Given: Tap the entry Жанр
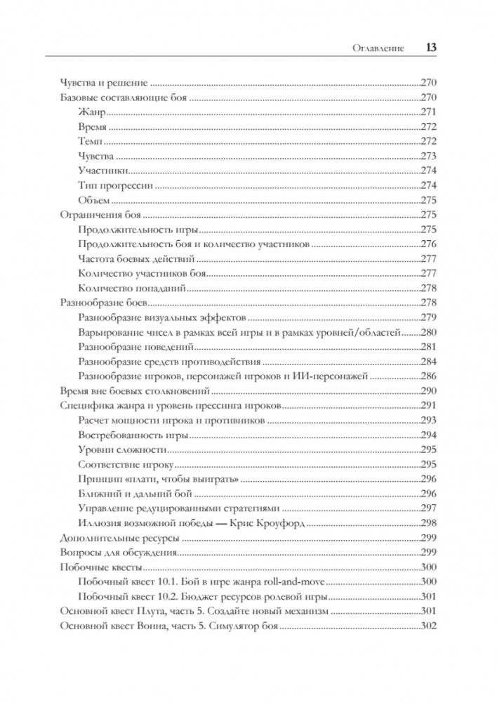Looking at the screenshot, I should coord(91,112).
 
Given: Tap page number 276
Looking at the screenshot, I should coord(428,244).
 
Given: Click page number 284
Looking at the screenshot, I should coord(428,362).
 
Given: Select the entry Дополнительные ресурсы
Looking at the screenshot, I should coord(119,538).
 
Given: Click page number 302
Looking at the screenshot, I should coord(428,626).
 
